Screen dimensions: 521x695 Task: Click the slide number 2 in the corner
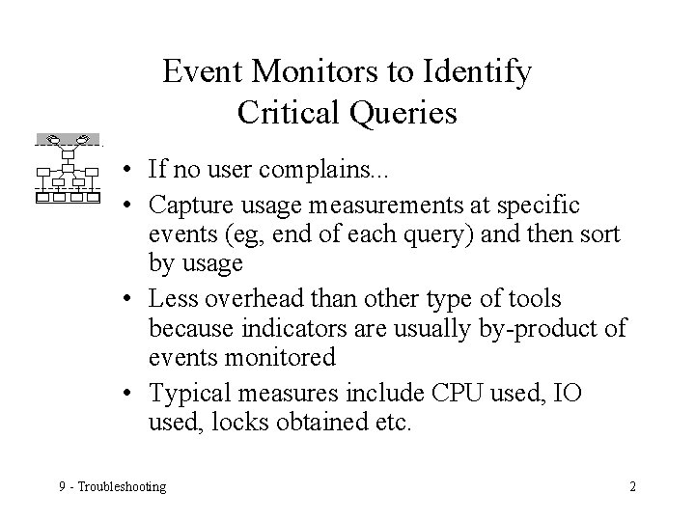pyautogui.click(x=632, y=485)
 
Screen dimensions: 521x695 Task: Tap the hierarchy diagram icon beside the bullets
pyautogui.click(x=67, y=169)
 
